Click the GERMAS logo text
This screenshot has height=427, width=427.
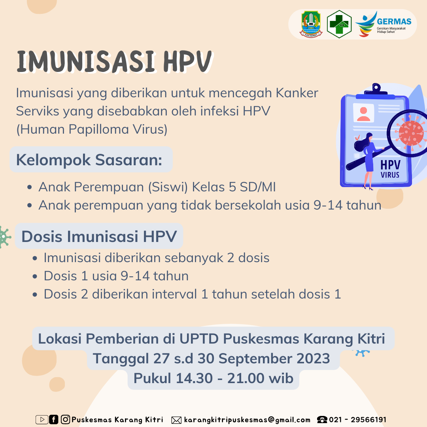tap(394, 21)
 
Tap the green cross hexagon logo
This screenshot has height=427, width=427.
tap(339, 24)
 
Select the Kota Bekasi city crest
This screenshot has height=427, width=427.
tap(311, 24)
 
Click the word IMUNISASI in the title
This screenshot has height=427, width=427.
tap(86, 62)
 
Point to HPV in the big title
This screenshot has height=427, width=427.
tap(187, 62)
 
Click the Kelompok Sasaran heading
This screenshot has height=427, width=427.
tap(89, 160)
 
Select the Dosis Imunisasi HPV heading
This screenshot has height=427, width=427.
tap(99, 236)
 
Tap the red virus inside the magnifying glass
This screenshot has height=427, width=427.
tap(410, 134)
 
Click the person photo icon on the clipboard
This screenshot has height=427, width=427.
tap(363, 113)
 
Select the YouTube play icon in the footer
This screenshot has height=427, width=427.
tap(42, 419)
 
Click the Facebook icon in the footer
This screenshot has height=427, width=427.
tap(54, 419)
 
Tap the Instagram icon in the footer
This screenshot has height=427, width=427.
tap(65, 419)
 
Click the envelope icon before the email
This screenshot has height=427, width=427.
tap(176, 420)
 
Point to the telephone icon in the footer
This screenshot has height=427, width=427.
tap(322, 419)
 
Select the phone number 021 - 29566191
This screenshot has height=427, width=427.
tap(357, 419)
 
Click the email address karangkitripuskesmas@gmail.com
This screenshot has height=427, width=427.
tap(247, 420)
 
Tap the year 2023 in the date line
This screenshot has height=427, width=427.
tap(313, 358)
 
